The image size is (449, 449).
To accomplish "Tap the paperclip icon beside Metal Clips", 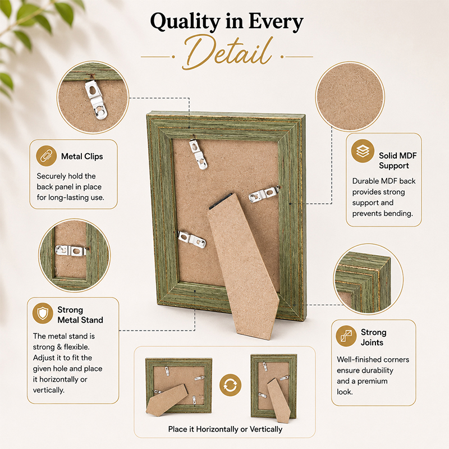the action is tap(47, 156).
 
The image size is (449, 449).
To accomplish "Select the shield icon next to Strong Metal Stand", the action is tap(43, 313).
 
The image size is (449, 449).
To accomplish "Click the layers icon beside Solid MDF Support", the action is tap(363, 151).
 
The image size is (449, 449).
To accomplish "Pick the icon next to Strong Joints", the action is tap(346, 336).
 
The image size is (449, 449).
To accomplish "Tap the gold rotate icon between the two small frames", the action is tap(231, 385).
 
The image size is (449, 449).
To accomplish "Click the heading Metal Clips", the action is tap(82, 157).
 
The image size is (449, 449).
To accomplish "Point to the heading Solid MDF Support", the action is tap(398, 161).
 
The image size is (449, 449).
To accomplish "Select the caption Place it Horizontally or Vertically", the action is tap(225, 429).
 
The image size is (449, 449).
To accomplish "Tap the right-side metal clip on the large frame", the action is tap(263, 194).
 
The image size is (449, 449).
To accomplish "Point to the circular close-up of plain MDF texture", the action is tap(350, 97).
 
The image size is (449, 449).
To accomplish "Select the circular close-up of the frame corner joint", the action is tap(368, 278).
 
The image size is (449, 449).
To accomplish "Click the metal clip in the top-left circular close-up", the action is tap(95, 99).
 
